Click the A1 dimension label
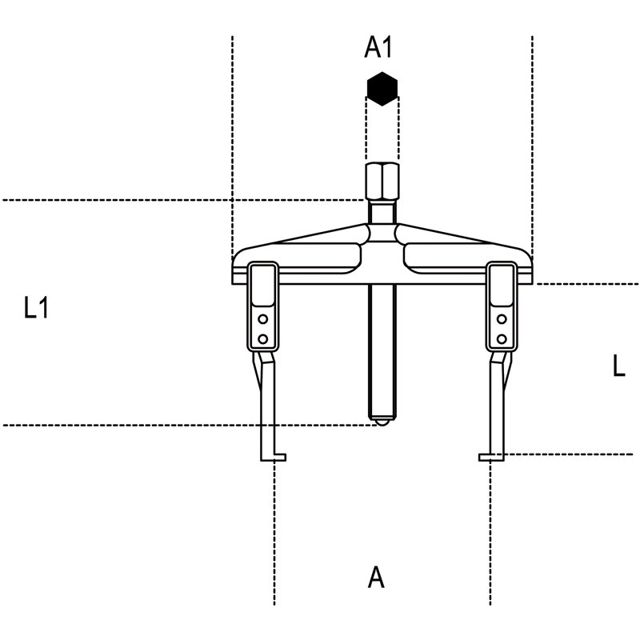pyautogui.click(x=378, y=47)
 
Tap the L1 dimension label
pyautogui.click(x=36, y=307)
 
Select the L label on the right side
pyautogui.click(x=618, y=366)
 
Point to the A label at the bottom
pyautogui.click(x=376, y=577)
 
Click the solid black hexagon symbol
pyautogui.click(x=382, y=89)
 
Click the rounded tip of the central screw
pyautogui.click(x=382, y=422)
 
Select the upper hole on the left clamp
pyautogui.click(x=263, y=319)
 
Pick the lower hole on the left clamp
pyautogui.click(x=263, y=338)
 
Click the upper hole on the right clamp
pyautogui.click(x=502, y=319)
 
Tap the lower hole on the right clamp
pyautogui.click(x=502, y=338)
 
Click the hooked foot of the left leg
pyautogui.click(x=273, y=457)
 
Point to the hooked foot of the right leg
pyautogui.click(x=491, y=457)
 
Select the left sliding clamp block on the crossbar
pyautogui.click(x=263, y=306)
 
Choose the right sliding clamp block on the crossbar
pyautogui.click(x=502, y=306)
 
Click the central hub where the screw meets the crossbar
pyautogui.click(x=382, y=234)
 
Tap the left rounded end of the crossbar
pyautogui.click(x=238, y=266)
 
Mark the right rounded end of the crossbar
pyautogui.click(x=526, y=266)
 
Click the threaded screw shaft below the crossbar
pyautogui.click(x=382, y=351)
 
